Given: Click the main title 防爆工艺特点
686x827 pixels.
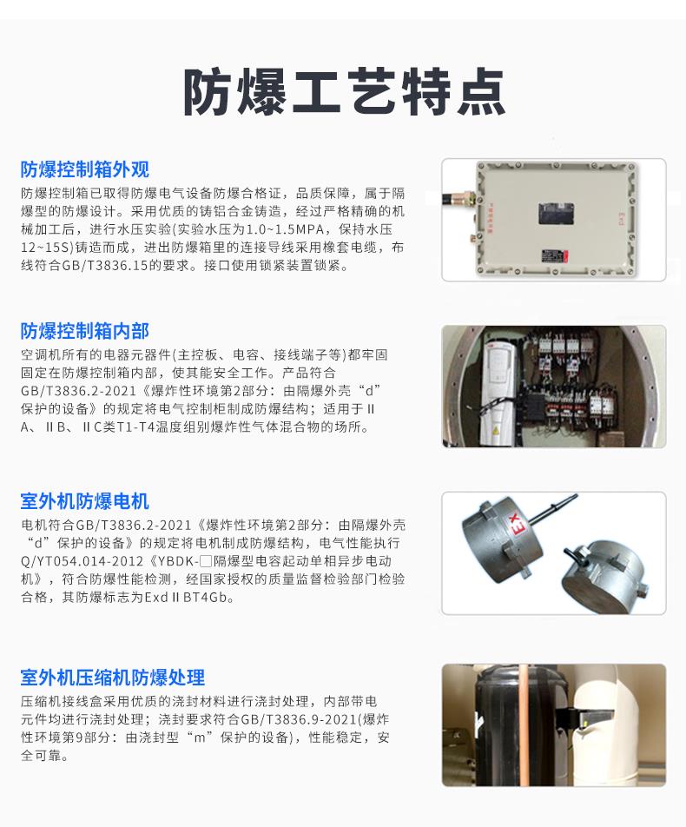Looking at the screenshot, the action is tap(344, 92).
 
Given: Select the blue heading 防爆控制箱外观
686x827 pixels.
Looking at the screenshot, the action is tap(85, 169).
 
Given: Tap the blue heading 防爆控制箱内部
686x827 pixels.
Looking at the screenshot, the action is tap(85, 331).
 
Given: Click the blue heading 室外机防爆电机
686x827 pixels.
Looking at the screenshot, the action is tap(85, 501).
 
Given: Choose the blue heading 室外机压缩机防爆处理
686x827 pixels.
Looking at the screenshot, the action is tap(112, 678).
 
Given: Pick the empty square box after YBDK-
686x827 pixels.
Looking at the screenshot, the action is tap(206, 560).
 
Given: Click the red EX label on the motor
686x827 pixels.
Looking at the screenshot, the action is tap(516, 526).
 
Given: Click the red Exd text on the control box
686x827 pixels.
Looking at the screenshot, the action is tap(621, 218).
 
